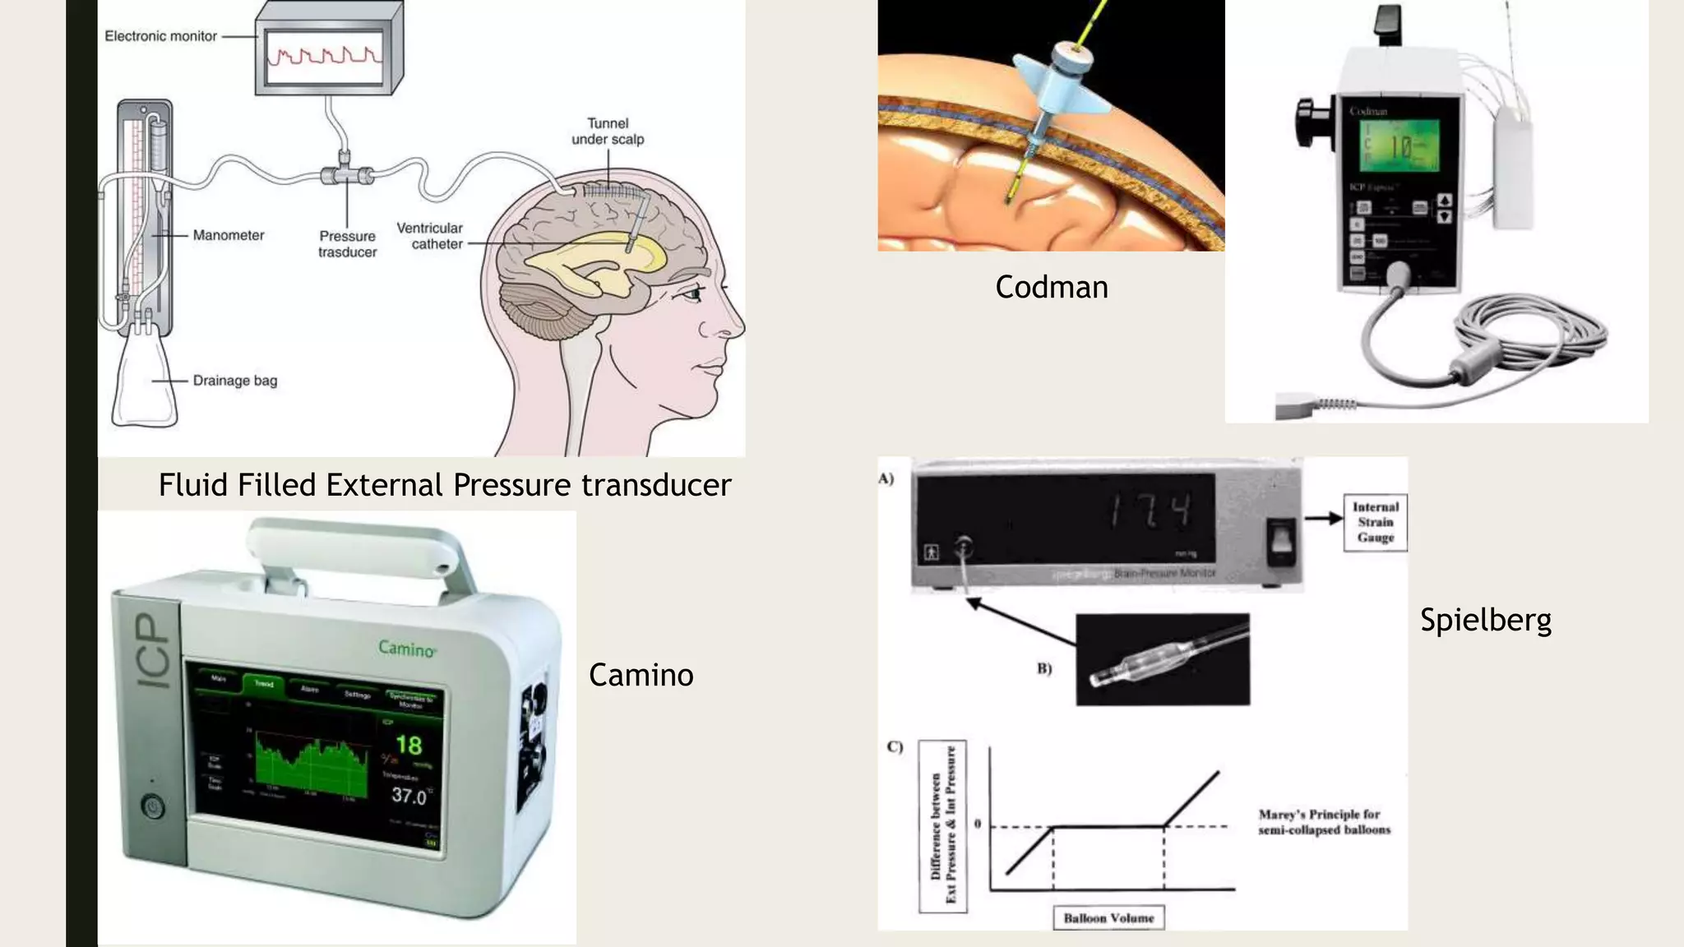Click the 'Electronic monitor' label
pos(160,36)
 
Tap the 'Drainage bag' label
pos(234,381)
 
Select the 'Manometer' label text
pos(228,235)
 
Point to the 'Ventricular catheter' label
pos(429,236)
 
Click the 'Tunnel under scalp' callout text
pos(608,132)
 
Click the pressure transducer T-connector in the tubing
pos(346,174)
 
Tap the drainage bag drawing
pos(145,378)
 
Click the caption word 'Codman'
pos(1051,287)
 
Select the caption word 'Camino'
pos(641,675)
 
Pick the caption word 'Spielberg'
pos(1485,620)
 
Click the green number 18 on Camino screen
pos(409,746)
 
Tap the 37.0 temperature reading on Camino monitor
pos(409,795)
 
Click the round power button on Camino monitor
pos(153,806)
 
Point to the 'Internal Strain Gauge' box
pos(1375,522)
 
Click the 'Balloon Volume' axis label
pos(1108,918)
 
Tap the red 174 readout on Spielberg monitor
pos(1150,510)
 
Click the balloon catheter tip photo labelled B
pos(1163,659)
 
